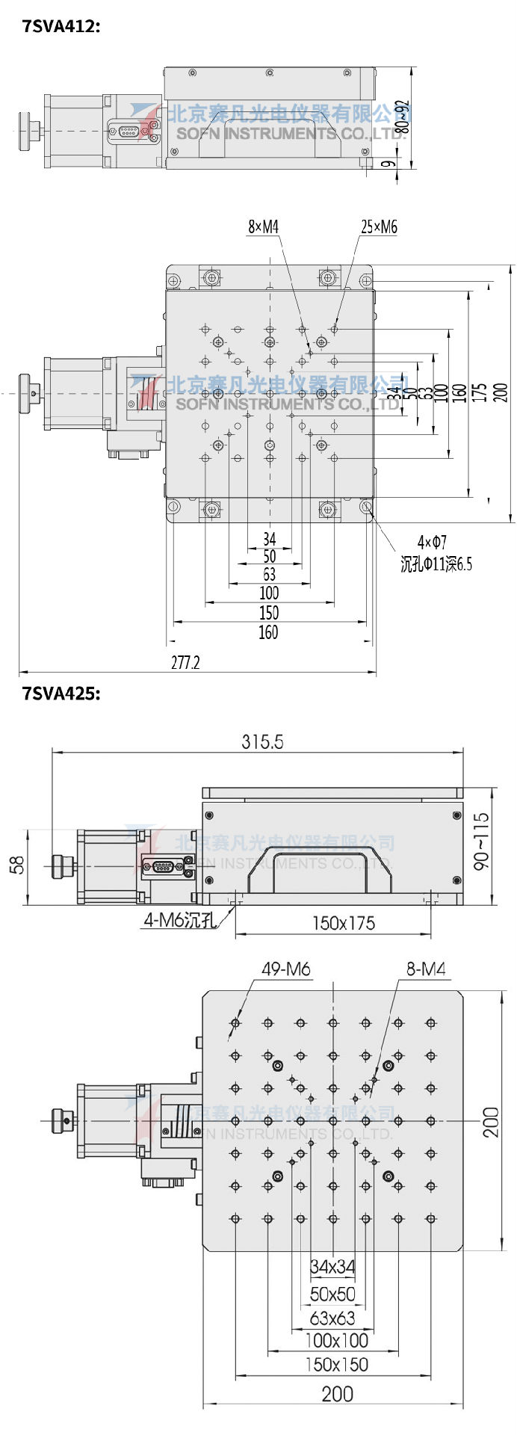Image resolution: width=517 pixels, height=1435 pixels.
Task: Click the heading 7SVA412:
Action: coord(61,27)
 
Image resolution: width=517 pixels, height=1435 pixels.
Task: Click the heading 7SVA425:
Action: coord(61,693)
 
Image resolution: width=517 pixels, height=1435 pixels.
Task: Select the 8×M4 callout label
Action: coord(263,226)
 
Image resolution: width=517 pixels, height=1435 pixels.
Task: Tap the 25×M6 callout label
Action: coord(379,226)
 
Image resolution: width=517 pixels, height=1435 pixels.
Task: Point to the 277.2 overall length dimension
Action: coord(185,662)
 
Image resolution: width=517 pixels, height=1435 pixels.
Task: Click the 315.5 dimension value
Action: coord(262,741)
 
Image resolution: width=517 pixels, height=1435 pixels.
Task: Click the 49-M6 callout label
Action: coord(285,969)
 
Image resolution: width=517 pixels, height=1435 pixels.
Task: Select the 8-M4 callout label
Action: coord(425,969)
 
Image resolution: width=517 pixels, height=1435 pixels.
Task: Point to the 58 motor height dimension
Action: coord(16,865)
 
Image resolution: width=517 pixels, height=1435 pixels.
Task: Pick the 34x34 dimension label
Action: coord(332,1266)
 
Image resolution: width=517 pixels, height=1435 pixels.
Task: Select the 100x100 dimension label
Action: coord(336,1340)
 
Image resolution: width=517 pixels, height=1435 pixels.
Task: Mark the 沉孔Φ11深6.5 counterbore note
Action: coord(436,564)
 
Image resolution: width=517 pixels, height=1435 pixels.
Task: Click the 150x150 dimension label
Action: coord(336,1365)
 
